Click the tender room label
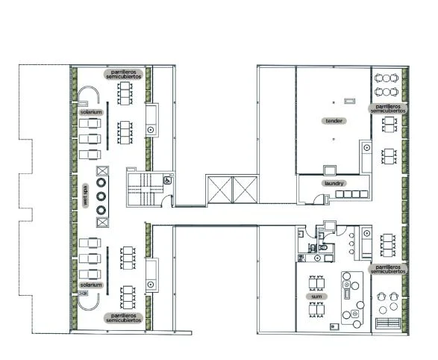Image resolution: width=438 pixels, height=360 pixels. coord(334,121)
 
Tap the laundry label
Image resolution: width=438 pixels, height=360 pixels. coord(334,183)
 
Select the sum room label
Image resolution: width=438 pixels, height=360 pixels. coord(316,297)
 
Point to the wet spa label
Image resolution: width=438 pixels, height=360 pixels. coord(86,196)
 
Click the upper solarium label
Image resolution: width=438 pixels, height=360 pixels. coord(91,112)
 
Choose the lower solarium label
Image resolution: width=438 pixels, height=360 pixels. coord(91,285)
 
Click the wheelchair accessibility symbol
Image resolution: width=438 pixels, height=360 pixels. coord(167,181)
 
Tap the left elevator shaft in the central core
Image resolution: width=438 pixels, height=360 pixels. coord(220,190)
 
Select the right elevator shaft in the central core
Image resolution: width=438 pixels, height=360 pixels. coord(245,190)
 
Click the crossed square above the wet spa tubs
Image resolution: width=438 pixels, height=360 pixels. coord(102,171)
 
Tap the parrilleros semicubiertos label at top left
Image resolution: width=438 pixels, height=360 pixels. coord(123,75)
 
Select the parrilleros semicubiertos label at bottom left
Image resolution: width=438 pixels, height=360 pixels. coord(123,318)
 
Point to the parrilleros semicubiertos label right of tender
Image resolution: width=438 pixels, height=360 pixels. coord(388,109)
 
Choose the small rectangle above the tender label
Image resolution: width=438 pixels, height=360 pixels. coord(349,101)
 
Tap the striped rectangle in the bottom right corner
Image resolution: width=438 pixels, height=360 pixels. coord(388,323)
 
